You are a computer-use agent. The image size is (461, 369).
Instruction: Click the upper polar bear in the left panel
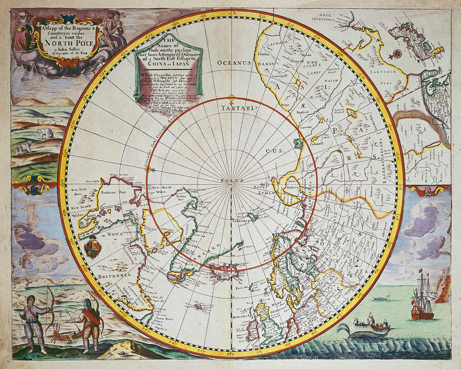pyautogui.click(x=45, y=133)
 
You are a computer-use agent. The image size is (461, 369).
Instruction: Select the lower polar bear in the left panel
pyautogui.click(x=24, y=148)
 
